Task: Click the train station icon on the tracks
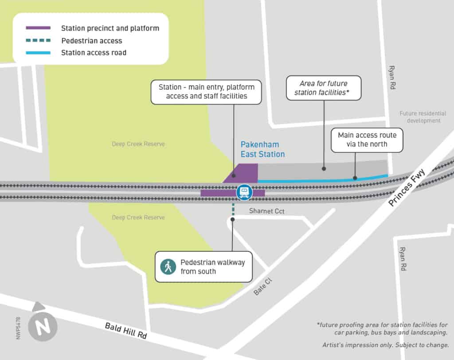coord(243,192)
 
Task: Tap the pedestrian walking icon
coord(168,266)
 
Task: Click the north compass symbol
coord(43,327)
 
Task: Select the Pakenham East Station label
coord(262,149)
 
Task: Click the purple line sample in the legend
coord(38,28)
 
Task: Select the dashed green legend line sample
coord(38,41)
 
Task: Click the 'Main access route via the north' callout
coord(367,140)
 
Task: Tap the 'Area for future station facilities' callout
coord(323,88)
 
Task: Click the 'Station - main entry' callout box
coord(206,92)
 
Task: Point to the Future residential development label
coord(420,117)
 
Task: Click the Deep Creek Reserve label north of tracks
coord(138,144)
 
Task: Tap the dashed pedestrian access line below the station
coord(232,209)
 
